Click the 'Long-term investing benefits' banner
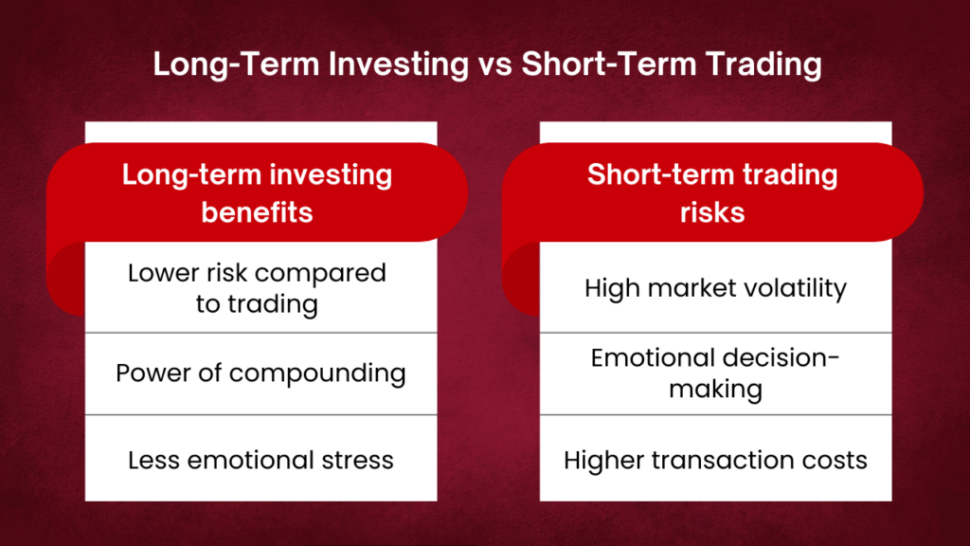(257, 192)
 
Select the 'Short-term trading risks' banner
(712, 192)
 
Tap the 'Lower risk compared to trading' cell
(257, 288)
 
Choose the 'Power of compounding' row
(260, 373)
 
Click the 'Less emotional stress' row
(260, 460)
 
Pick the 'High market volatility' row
(715, 288)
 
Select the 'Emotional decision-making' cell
(715, 373)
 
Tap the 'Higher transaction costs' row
(715, 460)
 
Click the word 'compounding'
(317, 373)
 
